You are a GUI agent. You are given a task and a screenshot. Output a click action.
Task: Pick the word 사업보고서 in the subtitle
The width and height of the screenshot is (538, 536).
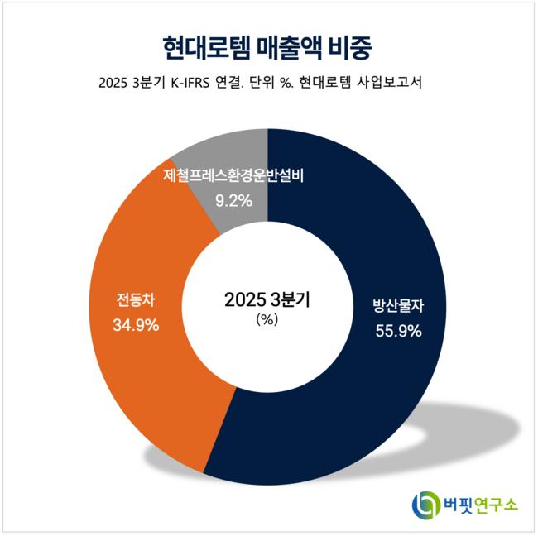pyautogui.click(x=389, y=84)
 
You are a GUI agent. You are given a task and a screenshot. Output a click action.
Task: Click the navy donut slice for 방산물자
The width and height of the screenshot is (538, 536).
pyautogui.click(x=372, y=397)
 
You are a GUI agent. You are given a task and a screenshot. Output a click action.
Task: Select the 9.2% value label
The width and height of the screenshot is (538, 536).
pyautogui.click(x=233, y=199)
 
